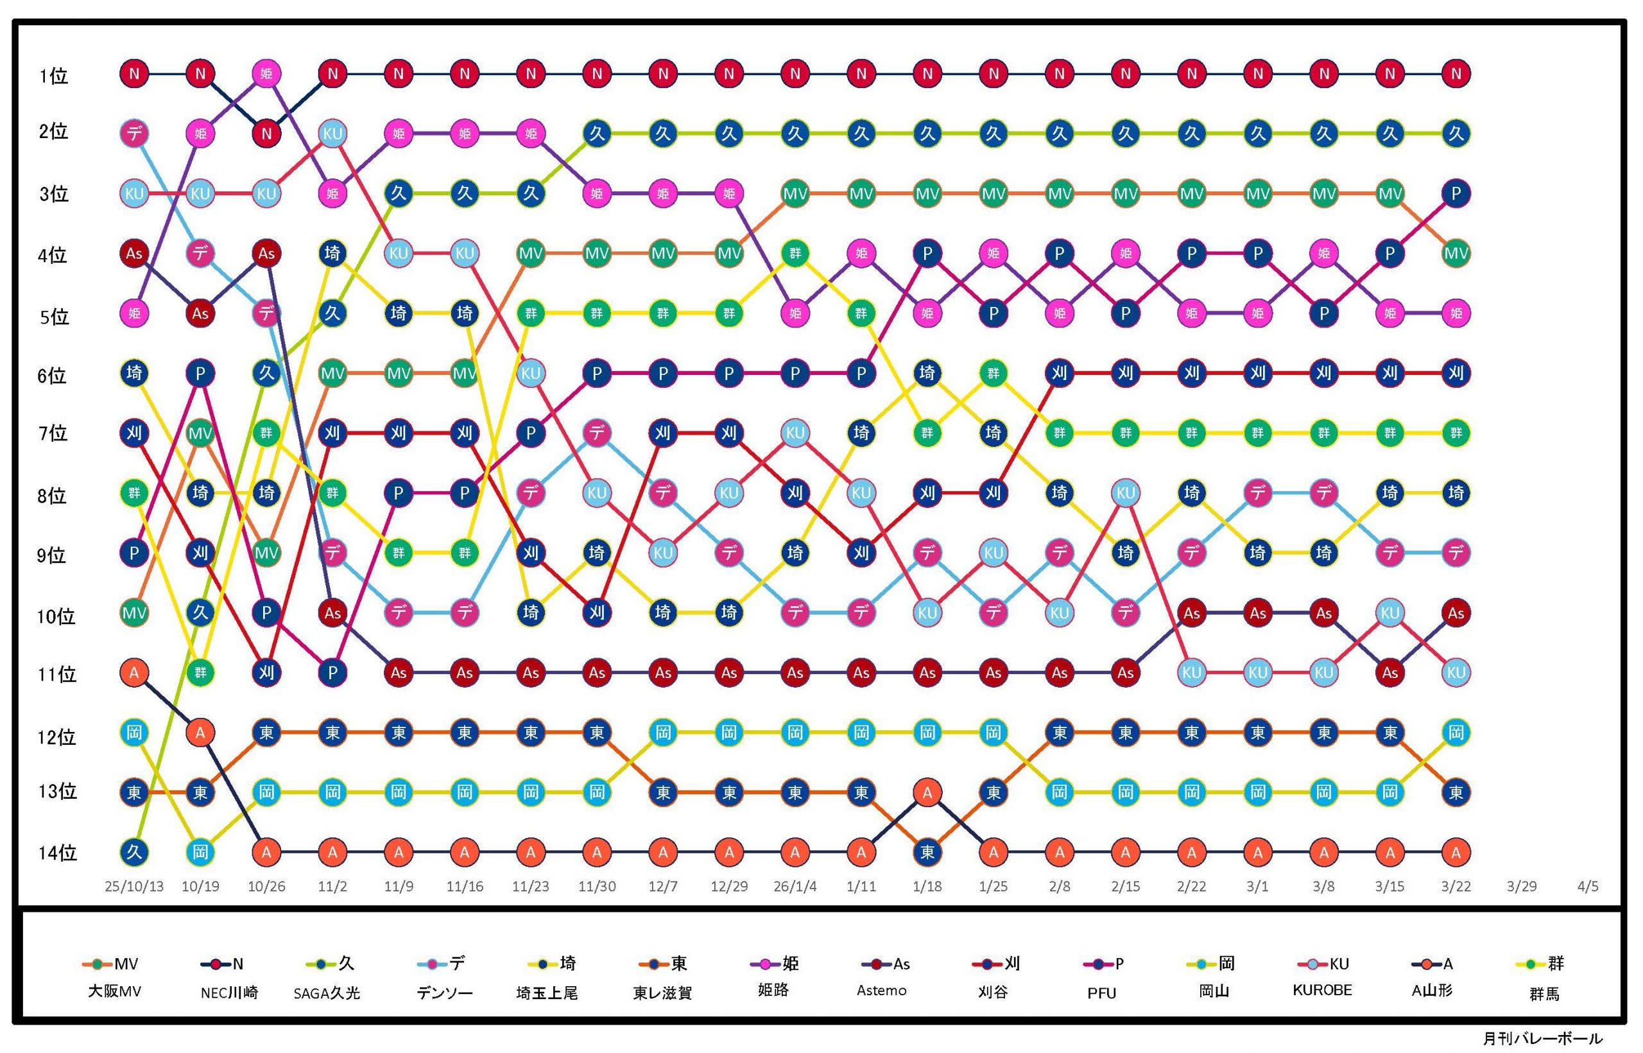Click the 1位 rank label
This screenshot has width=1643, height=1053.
click(x=53, y=75)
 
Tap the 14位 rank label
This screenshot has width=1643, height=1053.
click(x=57, y=853)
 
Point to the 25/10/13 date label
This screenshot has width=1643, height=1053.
click(x=134, y=886)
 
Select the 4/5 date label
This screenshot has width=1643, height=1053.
click(x=1588, y=886)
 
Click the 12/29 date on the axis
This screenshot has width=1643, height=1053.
click(x=728, y=886)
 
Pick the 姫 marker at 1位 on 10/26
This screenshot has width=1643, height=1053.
click(x=266, y=73)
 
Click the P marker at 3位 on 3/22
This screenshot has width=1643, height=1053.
click(x=1456, y=193)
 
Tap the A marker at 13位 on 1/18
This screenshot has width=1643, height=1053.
click(x=927, y=792)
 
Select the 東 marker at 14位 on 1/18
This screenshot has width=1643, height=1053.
click(x=927, y=853)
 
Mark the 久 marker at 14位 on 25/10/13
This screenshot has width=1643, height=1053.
click(x=134, y=853)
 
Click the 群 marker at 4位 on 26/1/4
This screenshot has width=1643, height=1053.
click(x=795, y=254)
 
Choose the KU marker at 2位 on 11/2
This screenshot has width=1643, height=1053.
click(x=332, y=134)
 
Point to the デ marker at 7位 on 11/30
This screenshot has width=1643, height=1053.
click(x=597, y=433)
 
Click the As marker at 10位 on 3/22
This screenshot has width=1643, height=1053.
click(x=1456, y=613)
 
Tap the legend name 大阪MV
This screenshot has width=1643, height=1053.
click(x=114, y=991)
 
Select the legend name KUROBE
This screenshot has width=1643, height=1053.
click(x=1322, y=990)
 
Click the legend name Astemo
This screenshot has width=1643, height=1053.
click(x=881, y=991)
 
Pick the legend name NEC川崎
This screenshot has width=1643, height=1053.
click(x=229, y=993)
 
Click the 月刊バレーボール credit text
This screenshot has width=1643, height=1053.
click(x=1542, y=1039)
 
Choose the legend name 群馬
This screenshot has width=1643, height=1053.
click(x=1544, y=993)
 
